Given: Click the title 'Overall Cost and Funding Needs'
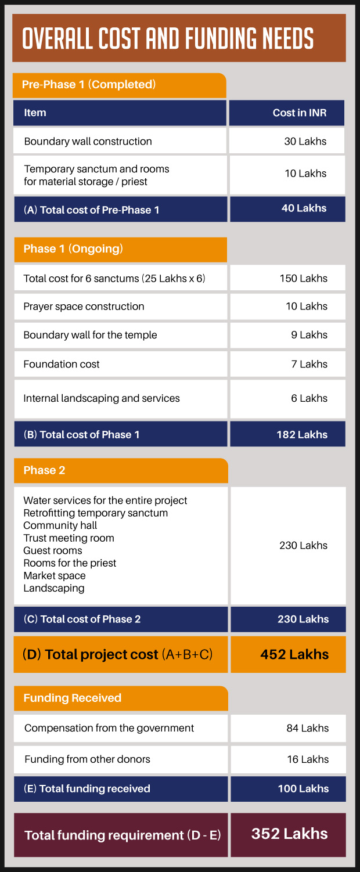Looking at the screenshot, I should [168, 38].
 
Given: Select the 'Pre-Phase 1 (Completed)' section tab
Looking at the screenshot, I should [89, 85].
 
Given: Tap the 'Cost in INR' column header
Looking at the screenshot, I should [300, 113].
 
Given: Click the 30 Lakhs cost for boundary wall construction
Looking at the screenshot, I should [305, 141].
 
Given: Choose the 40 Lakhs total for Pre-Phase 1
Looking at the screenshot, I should [304, 208].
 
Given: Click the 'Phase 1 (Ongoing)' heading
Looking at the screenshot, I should [73, 249].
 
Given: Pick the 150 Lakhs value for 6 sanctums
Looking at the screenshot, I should [303, 278].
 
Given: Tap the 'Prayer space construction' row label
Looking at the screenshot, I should [84, 307].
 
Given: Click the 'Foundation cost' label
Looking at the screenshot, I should [62, 365].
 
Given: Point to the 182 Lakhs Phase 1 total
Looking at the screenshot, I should [302, 434].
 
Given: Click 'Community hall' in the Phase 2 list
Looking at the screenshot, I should [60, 525].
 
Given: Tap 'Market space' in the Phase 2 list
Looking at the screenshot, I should [55, 576].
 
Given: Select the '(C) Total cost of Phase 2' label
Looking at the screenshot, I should [82, 619].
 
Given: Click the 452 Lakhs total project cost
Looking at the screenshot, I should [294, 654].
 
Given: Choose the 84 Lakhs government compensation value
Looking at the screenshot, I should [307, 728].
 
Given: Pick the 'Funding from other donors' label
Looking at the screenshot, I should [87, 759].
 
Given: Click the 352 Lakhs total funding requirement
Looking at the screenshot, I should [289, 834].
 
